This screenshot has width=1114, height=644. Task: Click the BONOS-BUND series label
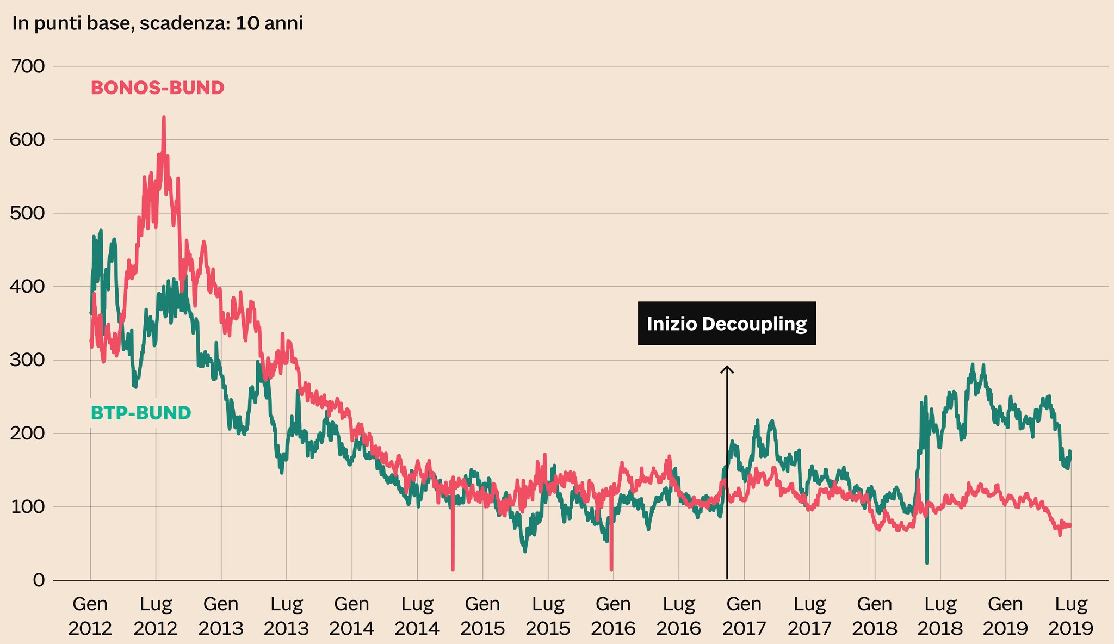tap(157, 88)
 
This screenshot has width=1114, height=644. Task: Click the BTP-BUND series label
tap(140, 413)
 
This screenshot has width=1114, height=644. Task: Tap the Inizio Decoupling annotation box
tap(727, 324)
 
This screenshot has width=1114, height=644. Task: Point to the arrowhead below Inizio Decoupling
tap(727, 368)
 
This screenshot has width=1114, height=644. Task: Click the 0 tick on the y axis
tap(39, 580)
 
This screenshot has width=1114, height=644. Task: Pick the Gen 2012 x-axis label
tap(90, 616)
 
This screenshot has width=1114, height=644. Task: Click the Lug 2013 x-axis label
tap(287, 616)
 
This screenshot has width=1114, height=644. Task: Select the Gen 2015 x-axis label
tap(483, 616)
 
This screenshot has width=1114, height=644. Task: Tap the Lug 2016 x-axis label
tap(679, 616)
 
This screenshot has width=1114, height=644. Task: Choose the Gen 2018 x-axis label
tap(875, 616)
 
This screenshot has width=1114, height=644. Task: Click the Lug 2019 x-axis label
tap(1071, 616)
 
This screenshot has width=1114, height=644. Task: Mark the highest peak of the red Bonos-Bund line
tap(164, 117)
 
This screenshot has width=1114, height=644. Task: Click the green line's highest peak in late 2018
tap(973, 364)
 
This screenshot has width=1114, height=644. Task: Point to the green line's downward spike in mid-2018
tap(927, 562)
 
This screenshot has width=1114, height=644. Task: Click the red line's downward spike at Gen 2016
tap(611, 569)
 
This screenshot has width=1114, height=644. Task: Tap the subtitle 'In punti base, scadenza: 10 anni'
tap(157, 24)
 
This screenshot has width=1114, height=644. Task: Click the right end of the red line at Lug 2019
tap(1070, 525)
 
